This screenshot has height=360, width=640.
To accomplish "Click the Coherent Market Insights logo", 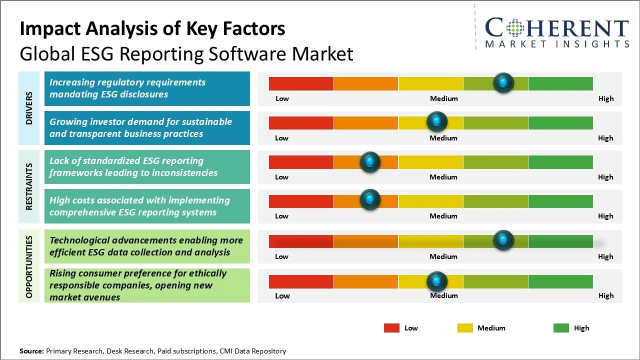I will pyautogui.click(x=556, y=32).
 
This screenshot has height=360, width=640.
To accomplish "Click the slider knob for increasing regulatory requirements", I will pyautogui.click(x=503, y=82).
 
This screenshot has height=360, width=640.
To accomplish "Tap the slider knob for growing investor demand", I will pyautogui.click(x=437, y=121).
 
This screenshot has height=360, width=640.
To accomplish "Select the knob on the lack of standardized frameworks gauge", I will pyautogui.click(x=370, y=161).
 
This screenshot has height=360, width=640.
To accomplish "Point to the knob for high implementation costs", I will pyautogui.click(x=370, y=200).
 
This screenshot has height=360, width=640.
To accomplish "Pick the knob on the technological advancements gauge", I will pyautogui.click(x=503, y=240).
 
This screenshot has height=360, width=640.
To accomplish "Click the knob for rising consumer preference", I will pyautogui.click(x=437, y=281).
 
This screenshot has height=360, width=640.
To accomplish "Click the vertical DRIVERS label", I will pyautogui.click(x=29, y=108).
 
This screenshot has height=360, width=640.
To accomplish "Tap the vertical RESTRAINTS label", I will pyautogui.click(x=29, y=186).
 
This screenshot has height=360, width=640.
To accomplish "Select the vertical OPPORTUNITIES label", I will pyautogui.click(x=29, y=266).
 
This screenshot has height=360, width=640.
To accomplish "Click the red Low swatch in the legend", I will pyautogui.click(x=391, y=328).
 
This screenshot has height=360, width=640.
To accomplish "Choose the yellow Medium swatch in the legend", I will pyautogui.click(x=465, y=328).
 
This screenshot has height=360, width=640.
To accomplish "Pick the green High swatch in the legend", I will pyautogui.click(x=561, y=328).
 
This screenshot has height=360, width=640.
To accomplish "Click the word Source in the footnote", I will pyautogui.click(x=31, y=351).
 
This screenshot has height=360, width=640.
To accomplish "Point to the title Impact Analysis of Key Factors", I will pyautogui.click(x=152, y=29).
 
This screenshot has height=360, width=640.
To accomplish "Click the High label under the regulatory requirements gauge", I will pyautogui.click(x=606, y=98).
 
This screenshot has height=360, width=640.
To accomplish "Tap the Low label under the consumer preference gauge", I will pyautogui.click(x=282, y=295).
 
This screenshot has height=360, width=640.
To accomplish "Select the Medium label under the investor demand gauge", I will pyautogui.click(x=443, y=138).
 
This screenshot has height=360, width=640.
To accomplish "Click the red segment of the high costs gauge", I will pyautogui.click(x=301, y=201).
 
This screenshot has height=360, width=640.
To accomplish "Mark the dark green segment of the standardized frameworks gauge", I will pyautogui.click(x=560, y=162).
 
